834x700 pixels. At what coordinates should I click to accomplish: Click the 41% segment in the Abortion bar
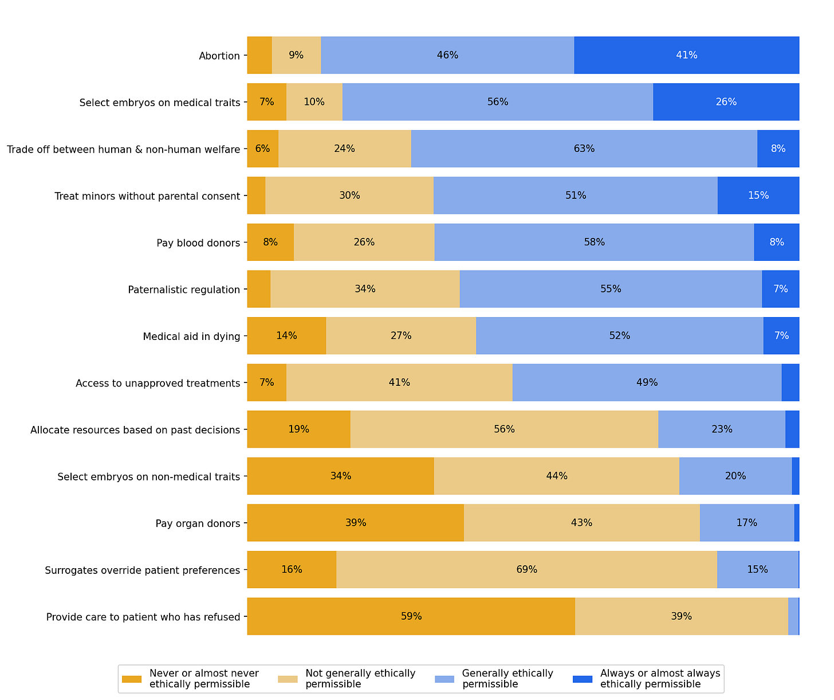[686, 55]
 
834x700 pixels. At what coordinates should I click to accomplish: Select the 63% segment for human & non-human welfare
[584, 148]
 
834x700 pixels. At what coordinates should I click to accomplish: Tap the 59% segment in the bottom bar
[411, 616]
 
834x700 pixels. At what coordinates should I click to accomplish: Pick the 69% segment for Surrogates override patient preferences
[526, 569]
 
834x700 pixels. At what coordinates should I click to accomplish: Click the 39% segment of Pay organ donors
[355, 523]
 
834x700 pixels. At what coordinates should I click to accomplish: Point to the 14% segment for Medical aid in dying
[286, 335]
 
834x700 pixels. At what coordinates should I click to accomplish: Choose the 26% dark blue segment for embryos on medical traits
[726, 102]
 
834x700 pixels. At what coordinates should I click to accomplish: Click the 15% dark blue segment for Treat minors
[758, 195]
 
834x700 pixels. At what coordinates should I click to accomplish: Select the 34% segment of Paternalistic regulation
[365, 289]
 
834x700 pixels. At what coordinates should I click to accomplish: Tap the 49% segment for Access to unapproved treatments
[647, 382]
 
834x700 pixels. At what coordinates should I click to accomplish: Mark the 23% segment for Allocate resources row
[722, 429]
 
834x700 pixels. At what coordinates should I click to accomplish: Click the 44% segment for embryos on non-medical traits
[556, 476]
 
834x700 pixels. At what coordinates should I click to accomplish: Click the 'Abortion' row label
[219, 56]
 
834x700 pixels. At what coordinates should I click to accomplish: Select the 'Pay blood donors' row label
[198, 243]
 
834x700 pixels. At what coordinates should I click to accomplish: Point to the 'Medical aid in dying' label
[191, 337]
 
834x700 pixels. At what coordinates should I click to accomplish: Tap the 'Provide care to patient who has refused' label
[143, 617]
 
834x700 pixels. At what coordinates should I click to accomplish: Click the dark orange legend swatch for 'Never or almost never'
[132, 679]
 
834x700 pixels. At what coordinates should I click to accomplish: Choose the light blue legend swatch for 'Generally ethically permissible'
[444, 679]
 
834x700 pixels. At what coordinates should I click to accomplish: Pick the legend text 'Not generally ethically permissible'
[360, 679]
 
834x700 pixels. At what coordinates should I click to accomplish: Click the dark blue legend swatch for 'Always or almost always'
[582, 679]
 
